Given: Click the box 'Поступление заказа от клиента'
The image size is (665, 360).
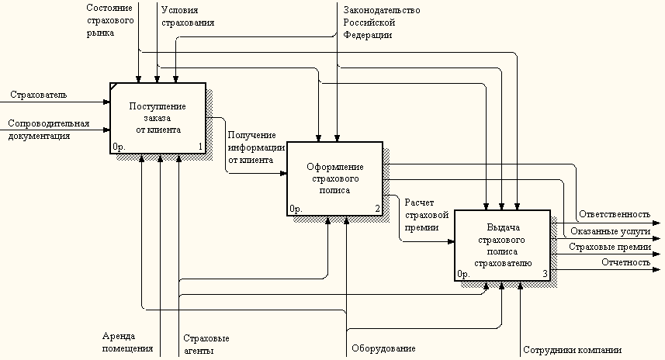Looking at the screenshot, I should click(x=158, y=118).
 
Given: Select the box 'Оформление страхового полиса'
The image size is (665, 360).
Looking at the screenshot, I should click(x=334, y=178).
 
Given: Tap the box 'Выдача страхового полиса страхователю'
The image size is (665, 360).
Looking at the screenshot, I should click(x=502, y=244).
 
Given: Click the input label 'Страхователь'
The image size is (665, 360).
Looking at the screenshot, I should click(x=38, y=95).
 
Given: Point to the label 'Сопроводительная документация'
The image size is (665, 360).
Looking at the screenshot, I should click(x=49, y=130).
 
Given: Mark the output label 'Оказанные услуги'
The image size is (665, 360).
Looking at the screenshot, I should click(x=610, y=231).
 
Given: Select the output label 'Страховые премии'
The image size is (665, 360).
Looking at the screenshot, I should click(x=609, y=247).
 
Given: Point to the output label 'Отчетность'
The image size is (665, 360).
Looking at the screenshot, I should click(x=625, y=262).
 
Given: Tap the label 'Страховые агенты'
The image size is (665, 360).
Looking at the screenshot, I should click(x=206, y=344).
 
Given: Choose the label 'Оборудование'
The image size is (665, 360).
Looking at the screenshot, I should click(x=383, y=349).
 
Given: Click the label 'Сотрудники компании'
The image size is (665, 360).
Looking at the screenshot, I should click(x=572, y=350).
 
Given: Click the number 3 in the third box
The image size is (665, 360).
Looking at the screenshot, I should click(x=545, y=274).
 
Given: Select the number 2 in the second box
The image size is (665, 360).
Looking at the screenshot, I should click(x=377, y=209).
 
